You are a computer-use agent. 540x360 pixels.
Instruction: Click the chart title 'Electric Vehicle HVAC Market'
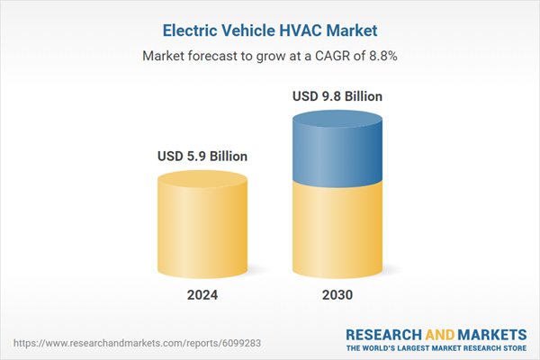tap(270, 30)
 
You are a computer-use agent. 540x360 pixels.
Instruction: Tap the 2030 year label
tap(337, 295)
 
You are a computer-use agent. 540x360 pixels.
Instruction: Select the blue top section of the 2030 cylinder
tap(337, 148)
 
